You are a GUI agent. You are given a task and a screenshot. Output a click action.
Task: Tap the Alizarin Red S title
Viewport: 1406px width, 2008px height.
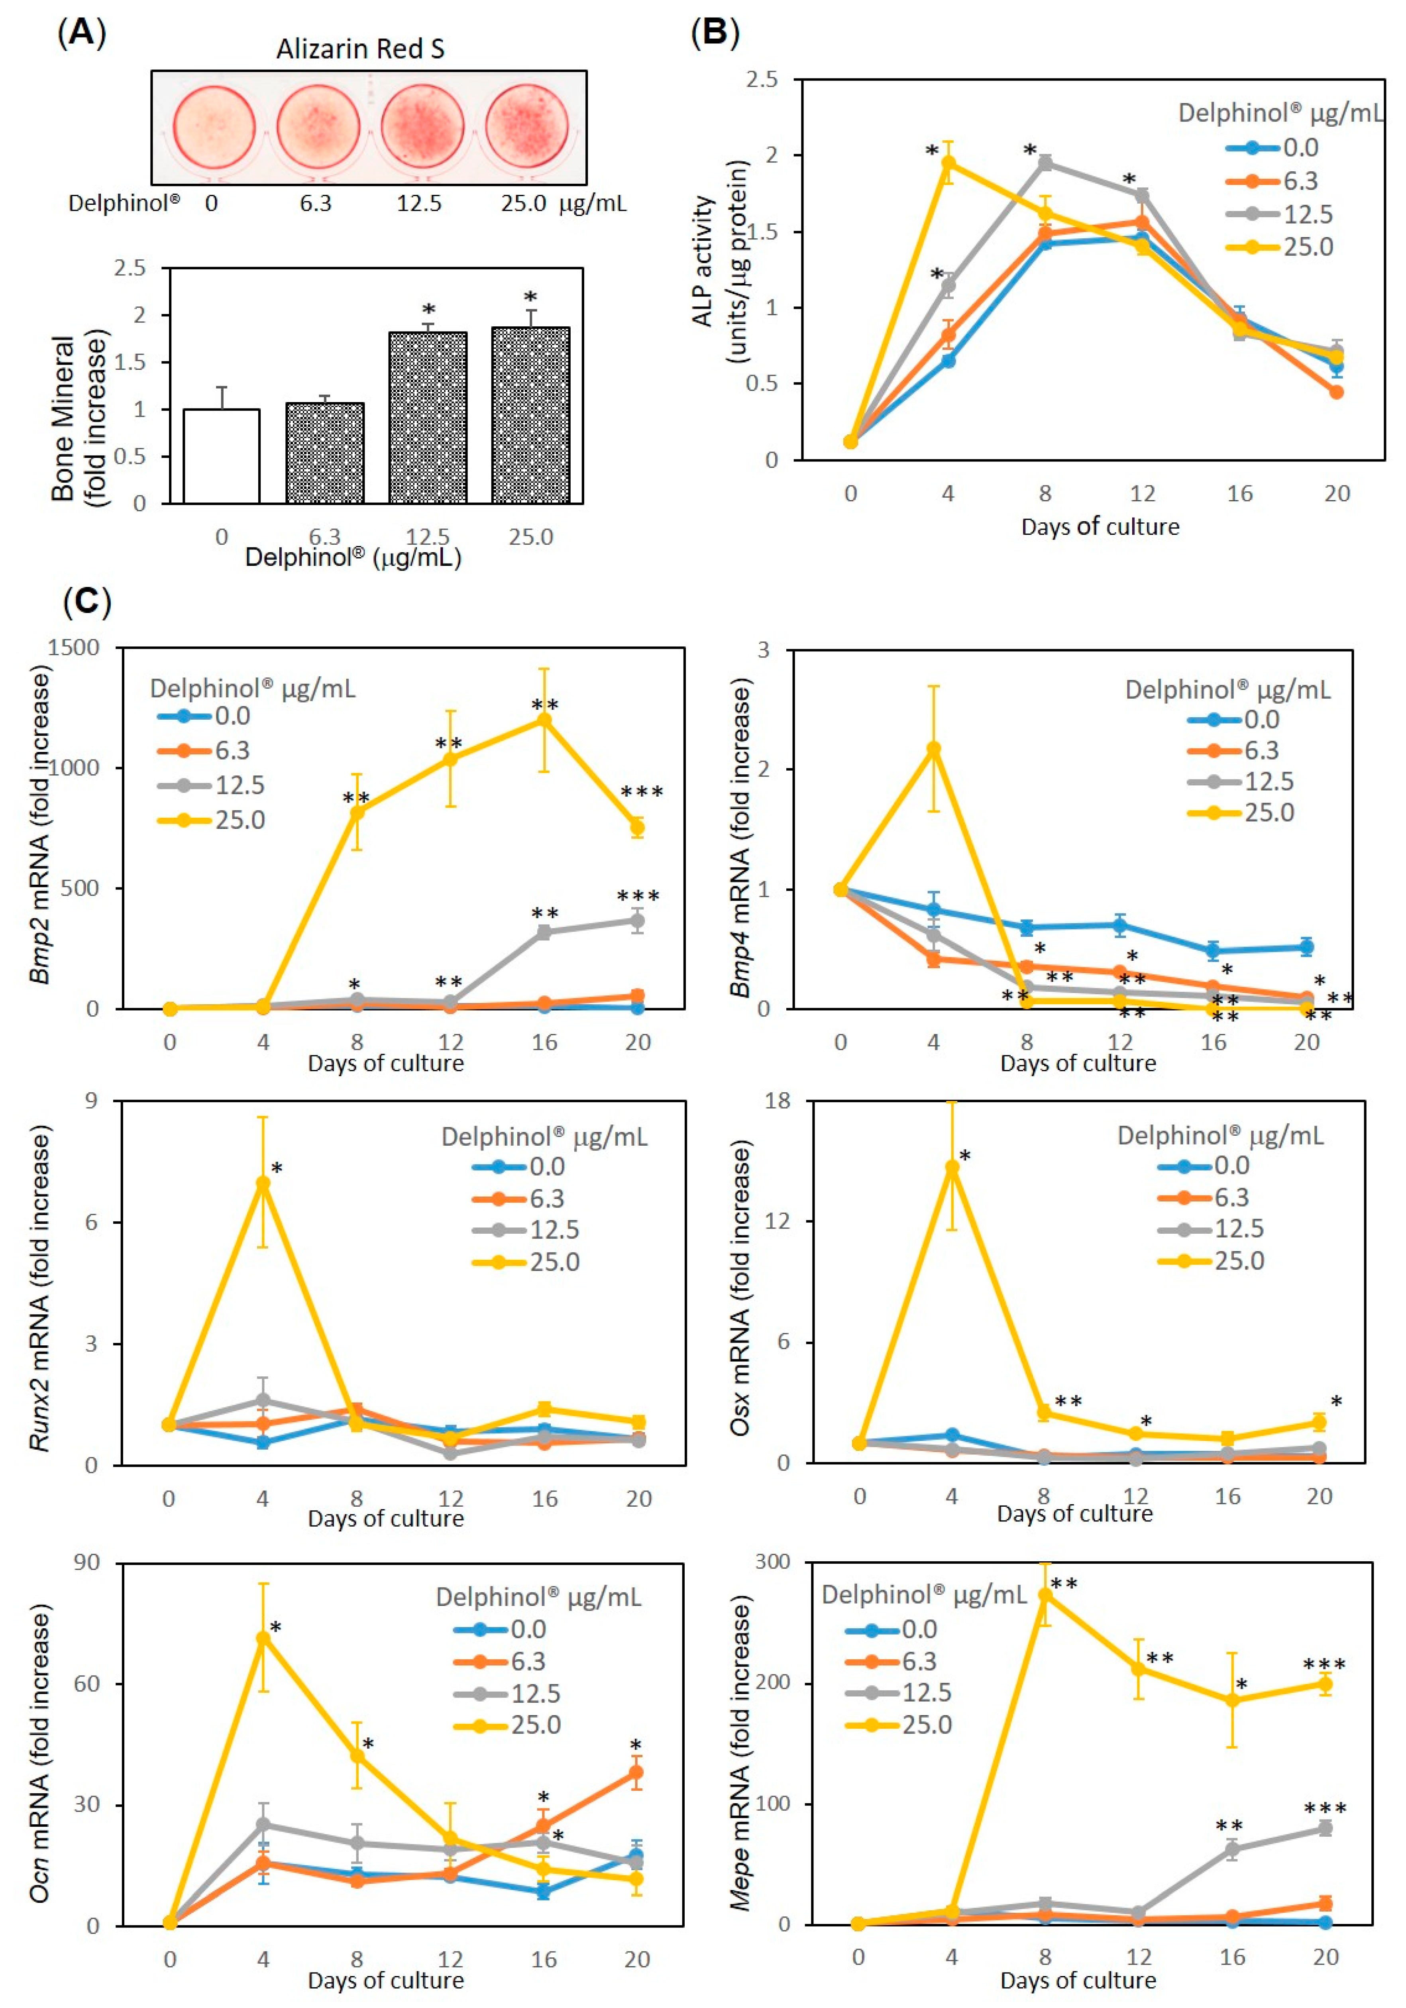click(360, 49)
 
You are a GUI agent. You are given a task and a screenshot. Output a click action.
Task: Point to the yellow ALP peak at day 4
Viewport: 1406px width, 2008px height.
click(948, 163)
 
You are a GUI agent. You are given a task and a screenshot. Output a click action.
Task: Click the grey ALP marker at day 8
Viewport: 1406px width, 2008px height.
click(1045, 163)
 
